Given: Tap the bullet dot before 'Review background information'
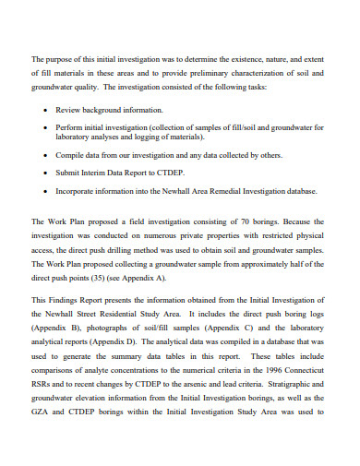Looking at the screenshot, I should pyautogui.click(x=47, y=109).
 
